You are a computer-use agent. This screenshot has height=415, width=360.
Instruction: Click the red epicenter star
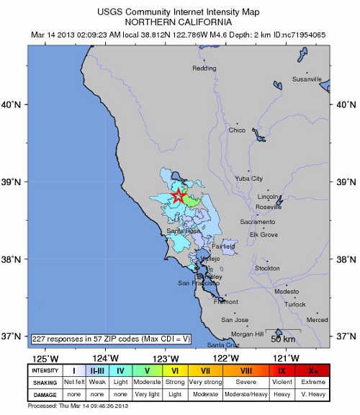(178, 195)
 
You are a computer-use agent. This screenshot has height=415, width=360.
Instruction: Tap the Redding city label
(204, 68)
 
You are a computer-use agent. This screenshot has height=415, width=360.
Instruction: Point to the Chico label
(237, 130)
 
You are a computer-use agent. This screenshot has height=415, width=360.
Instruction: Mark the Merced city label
(317, 319)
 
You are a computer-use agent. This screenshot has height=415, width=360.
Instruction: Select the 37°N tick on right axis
(346, 336)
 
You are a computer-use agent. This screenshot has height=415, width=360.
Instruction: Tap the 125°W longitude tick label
(45, 359)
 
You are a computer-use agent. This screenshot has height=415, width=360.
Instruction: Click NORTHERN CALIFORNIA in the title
(180, 22)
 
